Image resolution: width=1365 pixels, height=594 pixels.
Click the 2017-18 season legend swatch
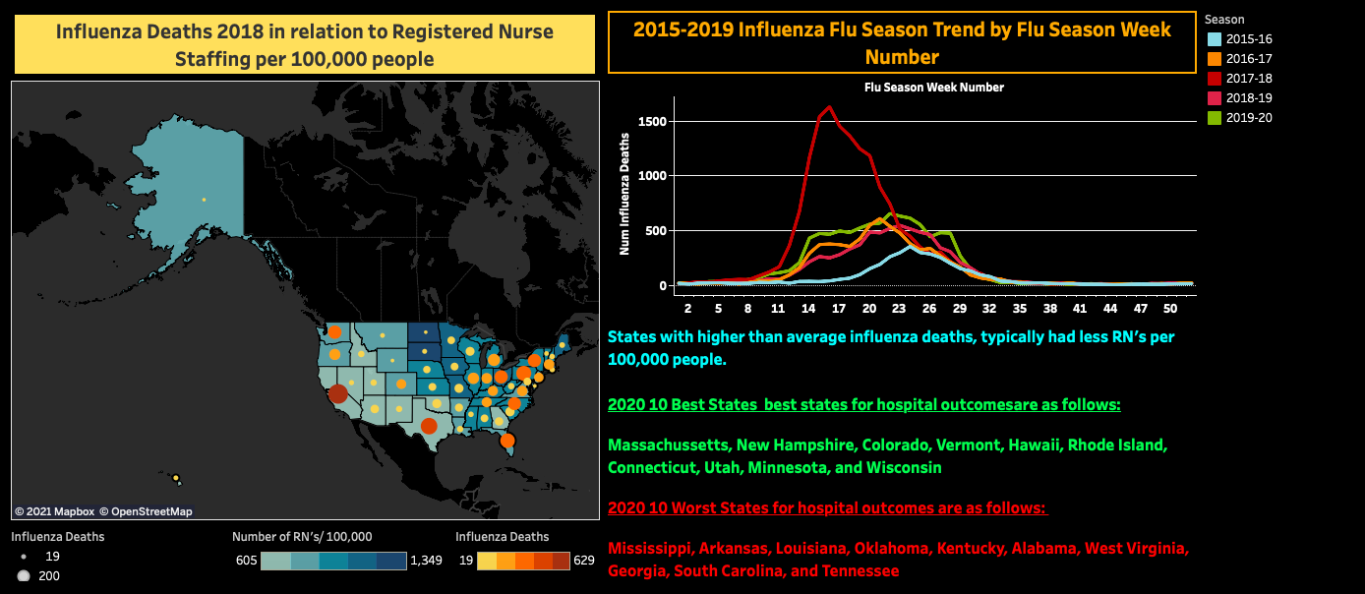pyautogui.click(x=1214, y=79)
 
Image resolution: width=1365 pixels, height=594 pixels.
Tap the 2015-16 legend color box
pyautogui.click(x=1214, y=39)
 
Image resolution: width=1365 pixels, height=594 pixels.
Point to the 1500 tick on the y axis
pyautogui.click(x=652, y=122)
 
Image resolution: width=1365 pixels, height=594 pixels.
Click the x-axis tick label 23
pyautogui.click(x=899, y=308)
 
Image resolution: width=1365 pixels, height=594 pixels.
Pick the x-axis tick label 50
pyautogui.click(x=1169, y=308)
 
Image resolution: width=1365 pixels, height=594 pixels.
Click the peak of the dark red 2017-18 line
pyautogui.click(x=830, y=106)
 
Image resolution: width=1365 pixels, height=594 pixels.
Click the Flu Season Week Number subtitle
pyautogui.click(x=933, y=88)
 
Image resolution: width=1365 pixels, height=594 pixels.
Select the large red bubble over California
pyautogui.click(x=337, y=393)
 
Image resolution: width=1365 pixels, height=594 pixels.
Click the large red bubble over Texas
pyautogui.click(x=428, y=426)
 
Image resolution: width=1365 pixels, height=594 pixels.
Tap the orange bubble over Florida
pyautogui.click(x=506, y=441)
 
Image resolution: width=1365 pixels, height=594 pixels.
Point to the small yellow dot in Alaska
pyautogui.click(x=204, y=200)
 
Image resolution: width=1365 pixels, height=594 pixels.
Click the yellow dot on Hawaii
pyautogui.click(x=176, y=479)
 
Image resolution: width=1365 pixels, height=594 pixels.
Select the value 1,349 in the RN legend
pyautogui.click(x=430, y=561)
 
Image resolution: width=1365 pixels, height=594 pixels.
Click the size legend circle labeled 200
pyautogui.click(x=24, y=576)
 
